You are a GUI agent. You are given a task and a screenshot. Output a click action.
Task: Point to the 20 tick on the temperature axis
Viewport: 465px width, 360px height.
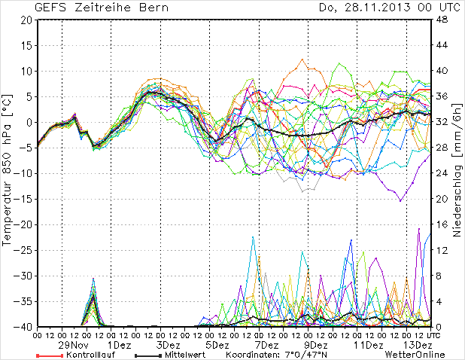[26, 20]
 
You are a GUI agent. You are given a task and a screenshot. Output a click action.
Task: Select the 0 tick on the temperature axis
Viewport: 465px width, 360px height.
[28, 123]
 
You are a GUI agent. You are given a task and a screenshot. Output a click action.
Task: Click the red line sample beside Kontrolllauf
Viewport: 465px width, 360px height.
[48, 355]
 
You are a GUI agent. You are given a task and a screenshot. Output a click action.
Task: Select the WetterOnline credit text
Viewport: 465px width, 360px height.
[414, 355]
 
